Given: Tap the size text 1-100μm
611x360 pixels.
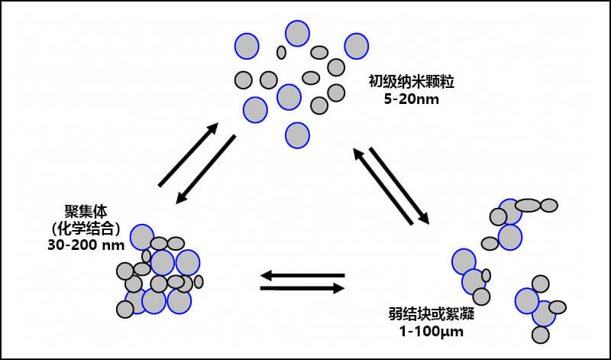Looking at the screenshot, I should (x=426, y=332).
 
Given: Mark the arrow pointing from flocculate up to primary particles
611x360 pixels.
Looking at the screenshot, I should (x=382, y=187).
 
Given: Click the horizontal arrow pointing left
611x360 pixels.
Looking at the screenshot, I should (x=302, y=274).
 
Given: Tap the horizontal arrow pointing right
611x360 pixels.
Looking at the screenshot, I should (x=302, y=288).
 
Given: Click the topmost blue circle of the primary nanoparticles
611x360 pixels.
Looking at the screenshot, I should (x=297, y=34).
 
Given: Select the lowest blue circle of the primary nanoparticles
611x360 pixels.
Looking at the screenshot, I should (x=297, y=135).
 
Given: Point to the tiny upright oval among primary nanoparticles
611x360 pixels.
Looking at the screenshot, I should (x=281, y=52).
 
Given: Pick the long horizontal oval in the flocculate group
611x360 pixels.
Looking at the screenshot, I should (x=529, y=205).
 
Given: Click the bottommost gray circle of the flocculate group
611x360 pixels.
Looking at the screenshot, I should (x=541, y=334).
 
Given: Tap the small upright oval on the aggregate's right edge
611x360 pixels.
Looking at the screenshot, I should (x=199, y=281).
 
